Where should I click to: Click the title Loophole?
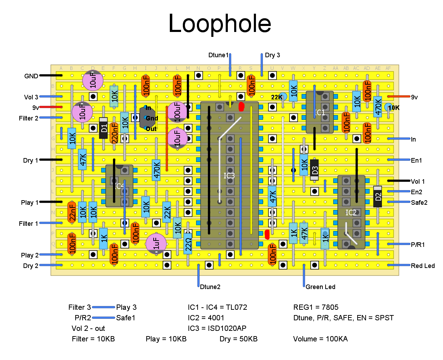(x=220, y=24)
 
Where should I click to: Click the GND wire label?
(x=31, y=76)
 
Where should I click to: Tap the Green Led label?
(x=320, y=287)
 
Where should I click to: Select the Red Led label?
(x=423, y=266)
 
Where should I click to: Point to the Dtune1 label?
(x=218, y=55)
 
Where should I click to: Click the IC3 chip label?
(x=229, y=176)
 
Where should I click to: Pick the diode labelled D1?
(x=103, y=128)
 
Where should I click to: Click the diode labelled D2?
(x=378, y=196)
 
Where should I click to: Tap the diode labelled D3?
(x=315, y=170)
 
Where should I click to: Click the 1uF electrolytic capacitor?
(x=156, y=243)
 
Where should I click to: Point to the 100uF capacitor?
(x=177, y=112)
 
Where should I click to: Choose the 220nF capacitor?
(x=114, y=133)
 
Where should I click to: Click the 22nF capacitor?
(x=72, y=212)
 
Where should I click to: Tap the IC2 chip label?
(x=351, y=212)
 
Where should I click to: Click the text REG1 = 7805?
(x=316, y=307)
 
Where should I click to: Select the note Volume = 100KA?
(x=320, y=339)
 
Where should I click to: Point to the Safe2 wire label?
(x=419, y=203)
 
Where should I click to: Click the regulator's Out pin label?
(x=151, y=129)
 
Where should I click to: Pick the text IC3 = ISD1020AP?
(x=217, y=328)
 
